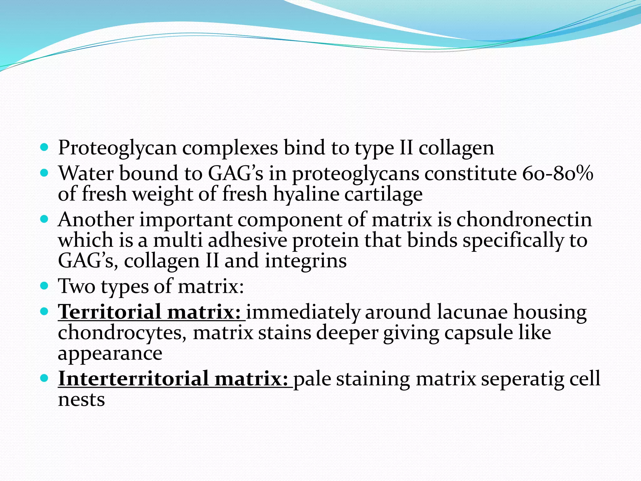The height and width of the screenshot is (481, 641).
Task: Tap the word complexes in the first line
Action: coord(230,148)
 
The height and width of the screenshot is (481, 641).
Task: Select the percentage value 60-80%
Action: coord(557,173)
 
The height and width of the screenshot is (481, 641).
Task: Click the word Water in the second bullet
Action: coord(86,173)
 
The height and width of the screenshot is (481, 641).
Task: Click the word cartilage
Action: coord(383,194)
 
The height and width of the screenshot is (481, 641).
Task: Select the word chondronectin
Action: coord(524,220)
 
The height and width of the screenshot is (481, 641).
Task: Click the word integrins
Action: coord(306,261)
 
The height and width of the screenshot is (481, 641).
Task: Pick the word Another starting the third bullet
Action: coord(96,220)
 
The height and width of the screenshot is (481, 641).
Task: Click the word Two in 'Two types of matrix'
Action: coord(77,286)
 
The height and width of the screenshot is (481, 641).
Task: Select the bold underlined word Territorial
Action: coord(110,312)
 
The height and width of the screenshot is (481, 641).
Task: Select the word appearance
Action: coord(110,354)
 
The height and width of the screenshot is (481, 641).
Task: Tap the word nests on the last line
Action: coord(81,400)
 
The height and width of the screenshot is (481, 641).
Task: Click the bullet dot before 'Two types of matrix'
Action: coord(44,286)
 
